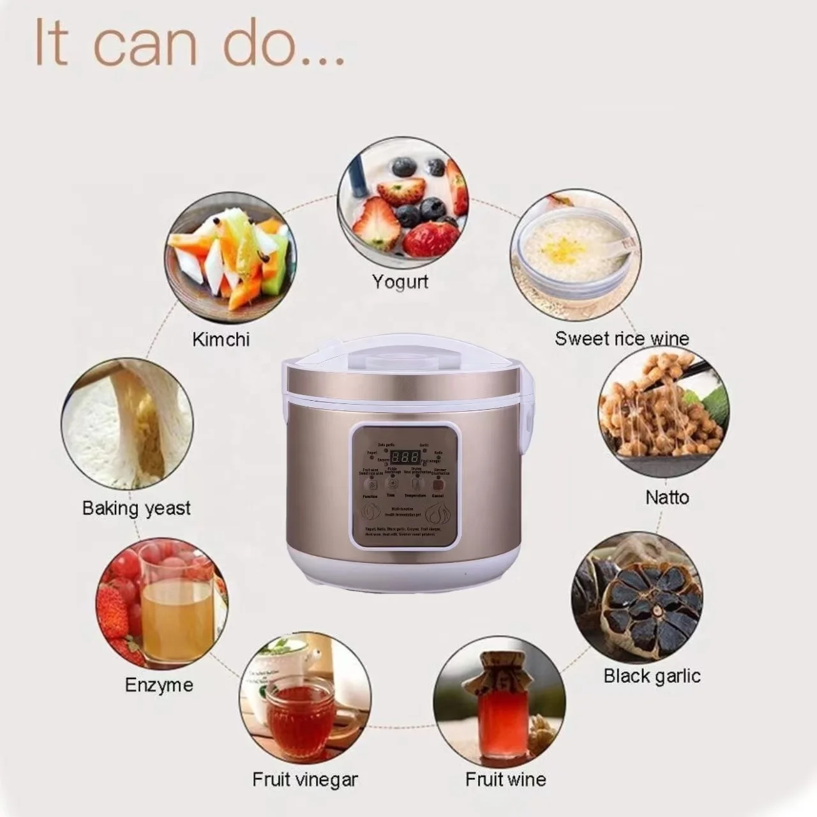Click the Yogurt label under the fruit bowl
click(x=400, y=281)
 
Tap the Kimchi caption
click(x=221, y=339)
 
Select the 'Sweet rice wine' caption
click(x=622, y=338)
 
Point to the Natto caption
click(x=667, y=497)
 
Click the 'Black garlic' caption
click(x=652, y=676)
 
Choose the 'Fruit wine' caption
click(x=506, y=779)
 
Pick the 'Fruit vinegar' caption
click(x=305, y=779)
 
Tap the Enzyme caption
click(x=159, y=685)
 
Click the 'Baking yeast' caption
click(x=137, y=508)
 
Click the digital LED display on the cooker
click(x=405, y=457)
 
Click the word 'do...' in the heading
click(x=283, y=43)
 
